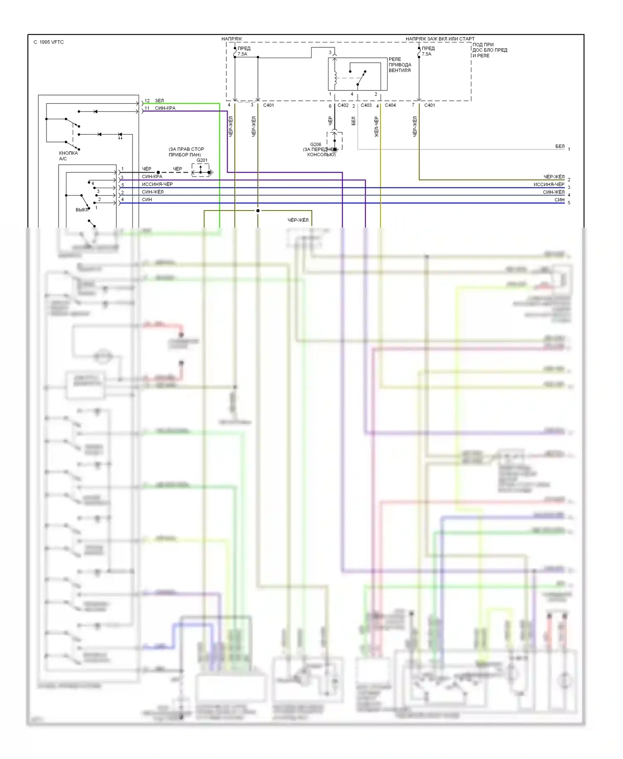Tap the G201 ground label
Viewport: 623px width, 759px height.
[x=202, y=160]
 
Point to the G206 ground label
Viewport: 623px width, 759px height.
[x=316, y=144]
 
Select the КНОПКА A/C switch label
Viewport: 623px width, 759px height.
[x=68, y=156]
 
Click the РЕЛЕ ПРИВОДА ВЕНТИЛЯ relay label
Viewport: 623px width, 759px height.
[x=400, y=65]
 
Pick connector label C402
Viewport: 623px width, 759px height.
[x=343, y=105]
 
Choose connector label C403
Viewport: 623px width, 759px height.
[x=366, y=105]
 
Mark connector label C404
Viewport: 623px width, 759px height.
[x=390, y=105]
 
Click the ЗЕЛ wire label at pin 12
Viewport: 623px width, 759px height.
[x=159, y=100]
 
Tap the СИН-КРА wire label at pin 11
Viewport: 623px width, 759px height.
[x=165, y=108]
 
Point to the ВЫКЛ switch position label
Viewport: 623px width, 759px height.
[x=82, y=210]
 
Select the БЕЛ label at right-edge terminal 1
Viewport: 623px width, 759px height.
[x=560, y=146]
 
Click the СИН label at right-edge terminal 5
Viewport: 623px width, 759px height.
[x=559, y=200]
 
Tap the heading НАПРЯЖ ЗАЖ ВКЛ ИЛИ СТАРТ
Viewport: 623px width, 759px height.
[x=440, y=39]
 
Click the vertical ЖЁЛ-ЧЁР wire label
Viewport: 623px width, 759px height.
[x=376, y=127]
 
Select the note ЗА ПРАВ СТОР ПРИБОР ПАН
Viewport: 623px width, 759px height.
[x=186, y=152]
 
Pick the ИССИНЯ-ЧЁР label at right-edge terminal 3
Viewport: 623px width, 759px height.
[x=549, y=184]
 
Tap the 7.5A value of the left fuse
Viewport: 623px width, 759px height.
[x=242, y=54]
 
